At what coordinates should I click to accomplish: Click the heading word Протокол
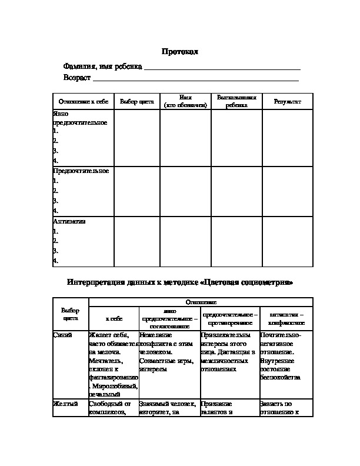coord(181,52)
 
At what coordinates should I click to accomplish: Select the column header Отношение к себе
coord(81,102)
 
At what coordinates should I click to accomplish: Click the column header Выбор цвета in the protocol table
coord(136,102)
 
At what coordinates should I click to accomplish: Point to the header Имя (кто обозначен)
coord(185,101)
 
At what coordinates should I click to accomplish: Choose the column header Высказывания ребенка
coord(236,101)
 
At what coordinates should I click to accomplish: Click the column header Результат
coord(287,102)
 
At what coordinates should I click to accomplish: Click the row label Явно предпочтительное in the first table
coord(80,118)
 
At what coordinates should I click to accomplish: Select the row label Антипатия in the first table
coord(69,222)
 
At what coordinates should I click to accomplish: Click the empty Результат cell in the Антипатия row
coord(287,242)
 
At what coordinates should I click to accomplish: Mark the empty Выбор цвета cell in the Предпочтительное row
coord(136,191)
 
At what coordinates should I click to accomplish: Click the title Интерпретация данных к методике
coord(180,282)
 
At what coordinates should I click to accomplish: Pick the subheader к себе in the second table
coord(114,318)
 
